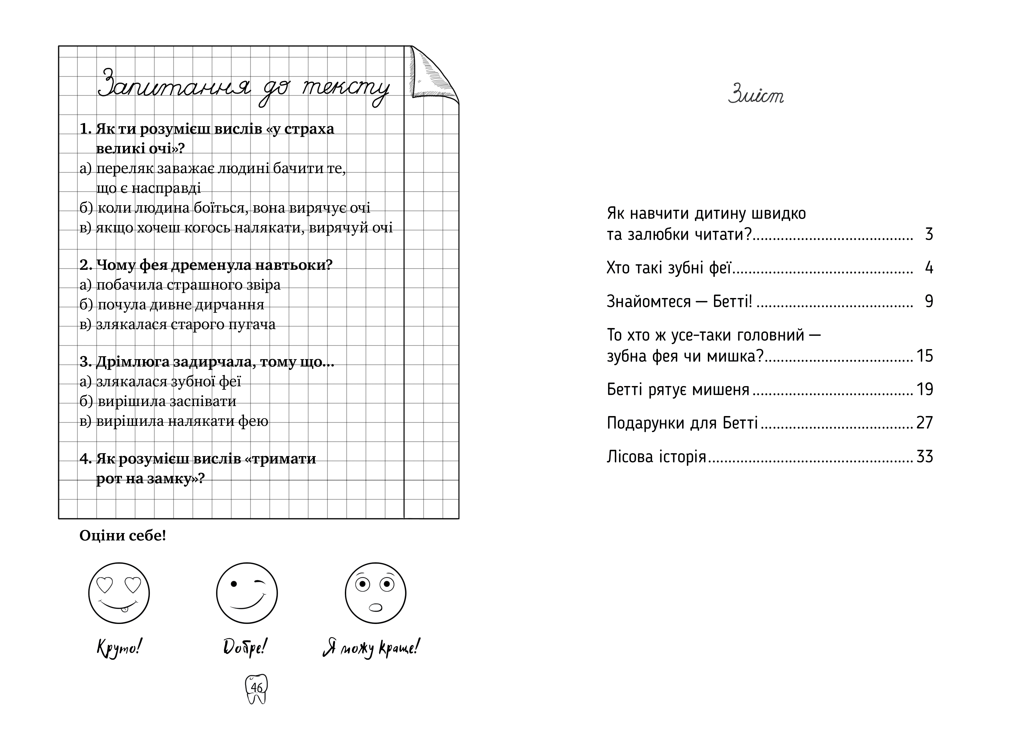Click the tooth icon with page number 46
(256, 688)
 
